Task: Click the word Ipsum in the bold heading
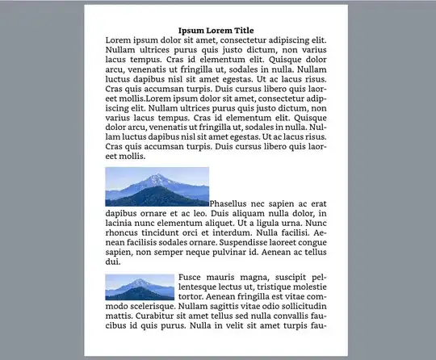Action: [192, 31]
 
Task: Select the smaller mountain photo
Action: [140, 287]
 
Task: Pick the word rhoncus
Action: [124, 232]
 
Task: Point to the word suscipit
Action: [271, 278]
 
